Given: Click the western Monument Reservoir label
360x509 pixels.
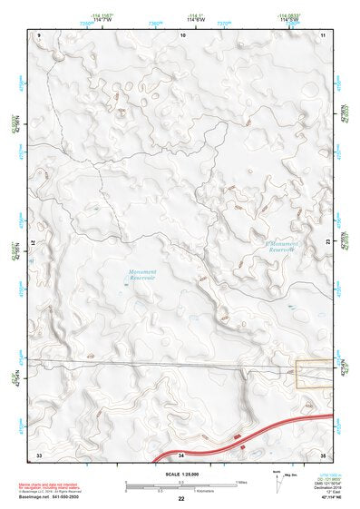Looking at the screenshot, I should coord(142,274).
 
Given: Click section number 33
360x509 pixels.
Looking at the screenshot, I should coord(39,453).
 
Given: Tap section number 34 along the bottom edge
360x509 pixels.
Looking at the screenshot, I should coord(181,453).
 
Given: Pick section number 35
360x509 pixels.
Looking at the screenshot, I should coord(322,453).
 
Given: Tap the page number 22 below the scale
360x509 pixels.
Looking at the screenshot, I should coord(181,500).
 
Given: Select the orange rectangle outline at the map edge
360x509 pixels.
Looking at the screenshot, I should coord(315,374).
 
